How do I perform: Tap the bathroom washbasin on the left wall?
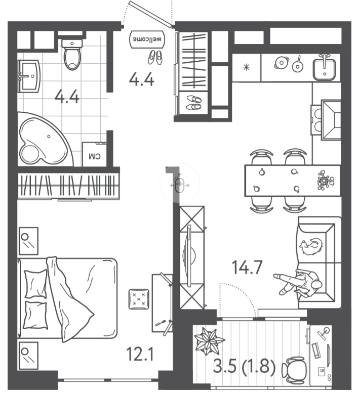click(29, 76)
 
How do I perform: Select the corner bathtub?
click(45, 140)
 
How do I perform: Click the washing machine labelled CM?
click(95, 155)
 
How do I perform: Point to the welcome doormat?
click(147, 39)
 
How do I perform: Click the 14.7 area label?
click(247, 268)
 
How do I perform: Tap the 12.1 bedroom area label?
click(140, 354)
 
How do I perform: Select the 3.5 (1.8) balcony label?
click(244, 366)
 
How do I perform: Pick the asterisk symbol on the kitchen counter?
click(246, 67)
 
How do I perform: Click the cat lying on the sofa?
click(311, 246)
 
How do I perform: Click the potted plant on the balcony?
click(209, 340)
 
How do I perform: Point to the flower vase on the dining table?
click(326, 180)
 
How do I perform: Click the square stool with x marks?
click(139, 299)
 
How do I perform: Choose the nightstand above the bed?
click(29, 241)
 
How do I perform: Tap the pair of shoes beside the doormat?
click(155, 58)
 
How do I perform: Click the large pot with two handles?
click(282, 62)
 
